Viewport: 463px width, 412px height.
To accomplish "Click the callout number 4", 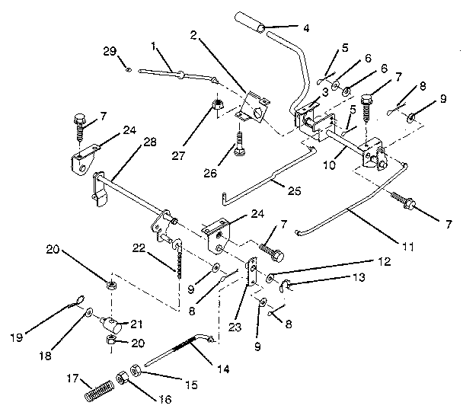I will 305,29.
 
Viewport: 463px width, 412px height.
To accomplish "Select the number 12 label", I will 386,261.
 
